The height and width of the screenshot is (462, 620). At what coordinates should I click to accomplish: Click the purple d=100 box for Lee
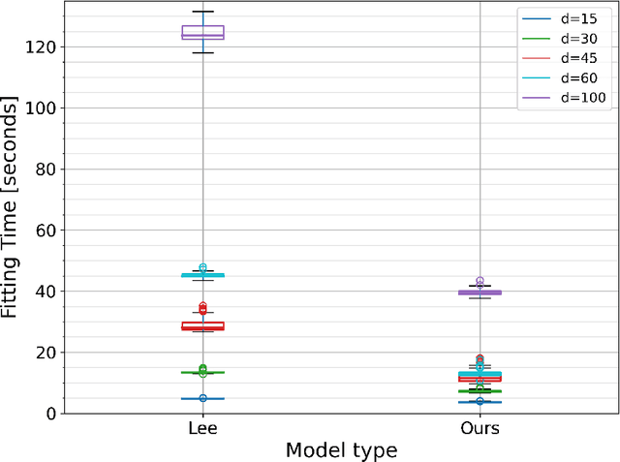coord(202,33)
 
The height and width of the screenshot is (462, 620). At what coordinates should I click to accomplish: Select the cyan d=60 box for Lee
coord(202,275)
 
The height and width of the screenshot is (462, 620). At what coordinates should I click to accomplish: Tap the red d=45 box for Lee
coord(202,326)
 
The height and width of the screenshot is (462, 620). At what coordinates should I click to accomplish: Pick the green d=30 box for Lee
coord(202,372)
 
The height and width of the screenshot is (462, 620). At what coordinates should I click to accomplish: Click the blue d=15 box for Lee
coord(202,399)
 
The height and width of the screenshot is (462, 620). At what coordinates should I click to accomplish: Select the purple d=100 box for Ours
coord(480,292)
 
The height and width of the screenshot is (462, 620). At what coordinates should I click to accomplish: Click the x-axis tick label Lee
coord(202,427)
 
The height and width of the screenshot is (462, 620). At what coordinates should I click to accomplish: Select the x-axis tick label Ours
coord(480,427)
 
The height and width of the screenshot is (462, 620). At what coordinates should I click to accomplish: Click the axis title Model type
coord(341,450)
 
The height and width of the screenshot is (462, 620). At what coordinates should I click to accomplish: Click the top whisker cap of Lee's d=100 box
coord(202,12)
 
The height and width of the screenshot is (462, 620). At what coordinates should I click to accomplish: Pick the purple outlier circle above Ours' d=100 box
coord(480,282)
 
